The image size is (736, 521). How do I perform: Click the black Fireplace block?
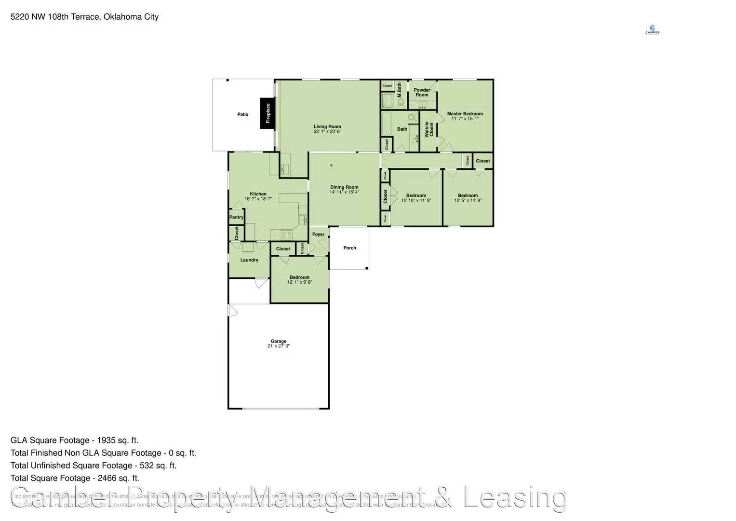point(268,113)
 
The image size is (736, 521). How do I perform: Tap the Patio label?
point(243,114)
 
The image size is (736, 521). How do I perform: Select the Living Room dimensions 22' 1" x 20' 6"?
point(327,131)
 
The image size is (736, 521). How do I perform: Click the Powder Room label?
point(422,92)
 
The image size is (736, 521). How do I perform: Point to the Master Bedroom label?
point(465,114)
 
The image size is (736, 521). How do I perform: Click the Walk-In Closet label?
point(429,129)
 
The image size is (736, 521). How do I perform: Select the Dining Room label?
point(344,187)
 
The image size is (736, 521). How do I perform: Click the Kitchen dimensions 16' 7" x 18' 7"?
point(258,199)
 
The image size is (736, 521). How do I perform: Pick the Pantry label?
point(236,217)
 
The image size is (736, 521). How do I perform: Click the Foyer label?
point(318,234)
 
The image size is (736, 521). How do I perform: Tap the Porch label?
point(349,248)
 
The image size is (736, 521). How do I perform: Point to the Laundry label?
point(249,260)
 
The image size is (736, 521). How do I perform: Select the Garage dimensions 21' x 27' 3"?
point(279,346)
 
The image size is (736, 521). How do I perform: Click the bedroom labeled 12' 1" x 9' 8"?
point(299,280)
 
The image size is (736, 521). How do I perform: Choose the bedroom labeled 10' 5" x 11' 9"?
point(468,198)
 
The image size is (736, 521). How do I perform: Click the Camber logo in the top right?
point(652,30)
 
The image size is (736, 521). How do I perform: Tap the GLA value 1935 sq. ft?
point(118,440)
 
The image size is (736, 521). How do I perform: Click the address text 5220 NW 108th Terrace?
point(55,17)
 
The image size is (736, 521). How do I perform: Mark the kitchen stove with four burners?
point(287,235)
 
